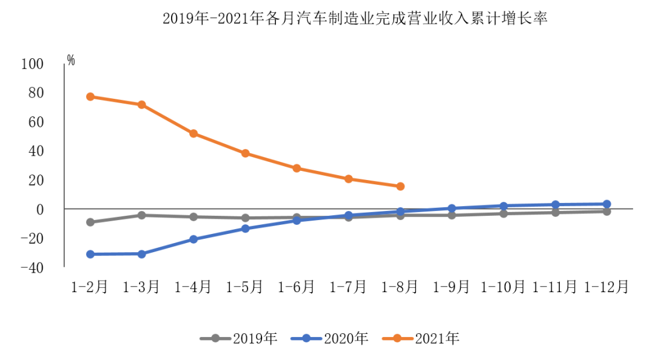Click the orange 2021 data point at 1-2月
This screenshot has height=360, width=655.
[x=90, y=96]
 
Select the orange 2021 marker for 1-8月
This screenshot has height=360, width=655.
[x=400, y=186]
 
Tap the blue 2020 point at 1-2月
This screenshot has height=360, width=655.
[x=90, y=254]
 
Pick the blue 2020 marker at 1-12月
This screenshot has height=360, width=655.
[x=606, y=204]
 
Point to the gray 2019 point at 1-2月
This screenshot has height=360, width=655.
[x=90, y=222]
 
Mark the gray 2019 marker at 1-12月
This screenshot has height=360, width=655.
[x=606, y=212]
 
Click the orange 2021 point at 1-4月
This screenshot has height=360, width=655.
[x=193, y=133]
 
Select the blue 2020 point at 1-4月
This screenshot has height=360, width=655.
[x=193, y=239]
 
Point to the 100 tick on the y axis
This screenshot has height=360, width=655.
[x=33, y=64]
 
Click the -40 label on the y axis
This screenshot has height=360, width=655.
[x=33, y=267]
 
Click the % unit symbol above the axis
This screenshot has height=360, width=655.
[x=71, y=59]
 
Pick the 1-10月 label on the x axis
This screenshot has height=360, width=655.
[x=503, y=287]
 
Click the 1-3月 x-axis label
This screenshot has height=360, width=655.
[x=141, y=287]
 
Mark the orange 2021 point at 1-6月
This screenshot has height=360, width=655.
[x=297, y=168]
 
